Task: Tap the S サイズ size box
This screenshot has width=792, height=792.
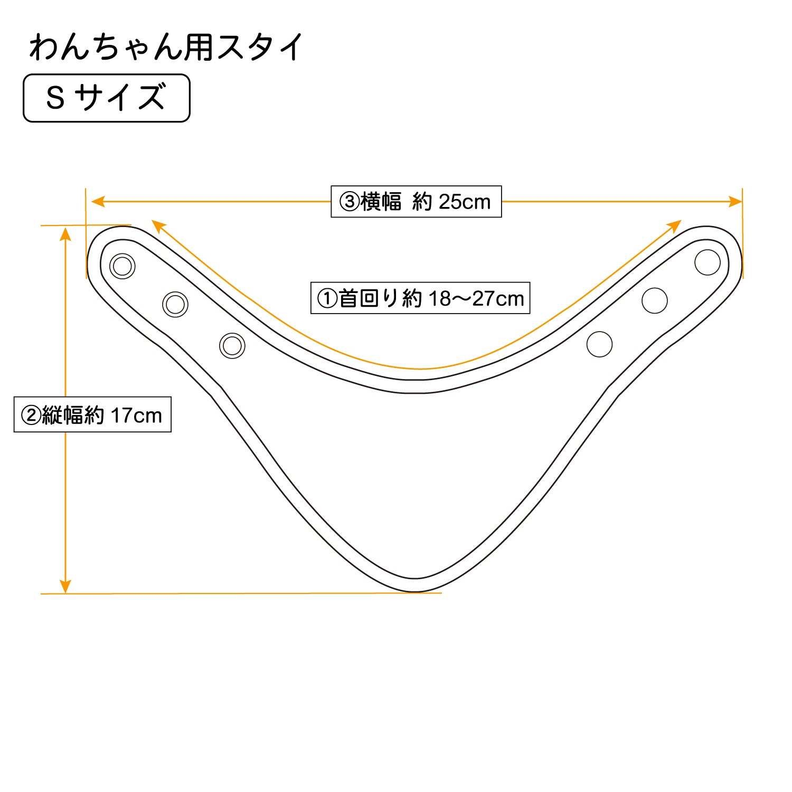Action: click(107, 98)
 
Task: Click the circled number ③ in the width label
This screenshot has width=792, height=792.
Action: click(350, 202)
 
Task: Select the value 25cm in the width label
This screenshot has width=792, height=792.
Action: click(465, 202)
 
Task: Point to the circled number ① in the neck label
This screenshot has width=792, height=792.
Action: click(327, 298)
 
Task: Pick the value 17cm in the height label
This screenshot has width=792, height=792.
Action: click(136, 416)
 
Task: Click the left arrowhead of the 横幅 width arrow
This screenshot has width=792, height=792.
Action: click(98, 201)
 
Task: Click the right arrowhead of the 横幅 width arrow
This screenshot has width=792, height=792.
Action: click(736, 201)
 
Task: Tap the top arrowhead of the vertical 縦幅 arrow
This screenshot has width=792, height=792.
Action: click(65, 234)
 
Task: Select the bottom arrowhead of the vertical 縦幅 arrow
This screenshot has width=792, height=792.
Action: click(65, 586)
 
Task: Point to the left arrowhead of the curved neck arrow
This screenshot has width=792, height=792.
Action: click(158, 226)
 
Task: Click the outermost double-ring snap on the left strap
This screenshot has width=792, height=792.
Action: click(122, 266)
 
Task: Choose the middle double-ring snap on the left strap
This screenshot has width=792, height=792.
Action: click(175, 304)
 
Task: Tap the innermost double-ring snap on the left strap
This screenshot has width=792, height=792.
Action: click(232, 346)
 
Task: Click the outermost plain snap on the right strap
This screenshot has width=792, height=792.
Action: click(708, 262)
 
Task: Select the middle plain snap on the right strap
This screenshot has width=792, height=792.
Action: click(655, 300)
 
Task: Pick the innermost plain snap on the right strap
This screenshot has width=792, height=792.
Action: click(600, 344)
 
